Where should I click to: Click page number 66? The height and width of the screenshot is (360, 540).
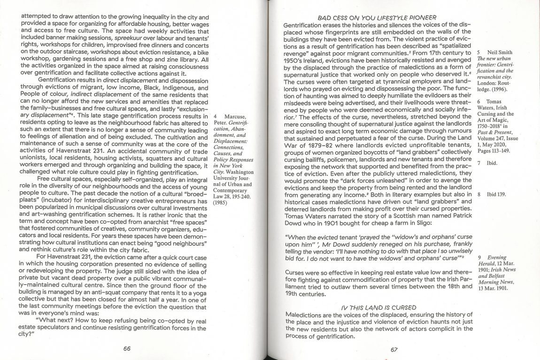[x=126, y=348]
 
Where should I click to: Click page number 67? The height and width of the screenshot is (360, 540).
[x=393, y=349]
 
